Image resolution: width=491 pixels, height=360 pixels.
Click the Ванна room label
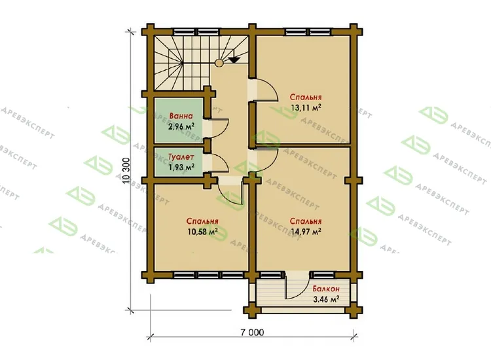[181, 116]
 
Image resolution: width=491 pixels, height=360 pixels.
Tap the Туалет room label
[181, 157]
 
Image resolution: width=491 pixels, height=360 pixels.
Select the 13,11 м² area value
[306, 108]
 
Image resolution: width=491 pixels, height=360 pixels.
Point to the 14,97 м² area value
[306, 232]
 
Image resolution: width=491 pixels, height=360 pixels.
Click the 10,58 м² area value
[202, 232]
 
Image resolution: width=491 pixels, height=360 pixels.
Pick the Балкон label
[325, 289]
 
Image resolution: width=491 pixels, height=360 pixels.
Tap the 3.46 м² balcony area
[326, 300]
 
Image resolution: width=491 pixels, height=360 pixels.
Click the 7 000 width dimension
[252, 332]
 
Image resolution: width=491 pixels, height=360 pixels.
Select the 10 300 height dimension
[127, 171]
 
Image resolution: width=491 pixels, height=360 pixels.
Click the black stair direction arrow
[234, 58]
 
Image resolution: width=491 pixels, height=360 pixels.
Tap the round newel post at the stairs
[219, 63]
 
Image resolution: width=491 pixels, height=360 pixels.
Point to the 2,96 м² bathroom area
[181, 126]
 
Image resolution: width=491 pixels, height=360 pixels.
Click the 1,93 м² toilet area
[181, 167]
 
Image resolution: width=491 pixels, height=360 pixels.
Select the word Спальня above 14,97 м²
[306, 221]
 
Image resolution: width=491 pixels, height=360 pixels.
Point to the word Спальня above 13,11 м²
[306, 97]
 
